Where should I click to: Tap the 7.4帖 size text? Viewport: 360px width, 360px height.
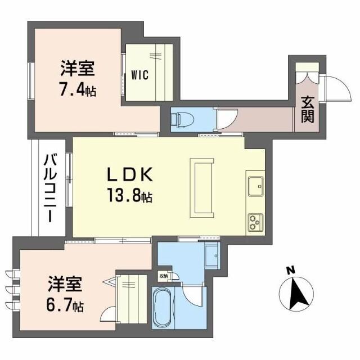78,89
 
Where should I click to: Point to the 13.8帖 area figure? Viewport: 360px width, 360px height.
130,197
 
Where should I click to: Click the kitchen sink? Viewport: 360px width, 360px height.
255,184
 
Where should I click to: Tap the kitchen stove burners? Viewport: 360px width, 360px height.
254,220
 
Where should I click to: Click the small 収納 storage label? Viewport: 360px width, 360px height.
163,276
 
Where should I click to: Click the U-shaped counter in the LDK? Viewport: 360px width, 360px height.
201,188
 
